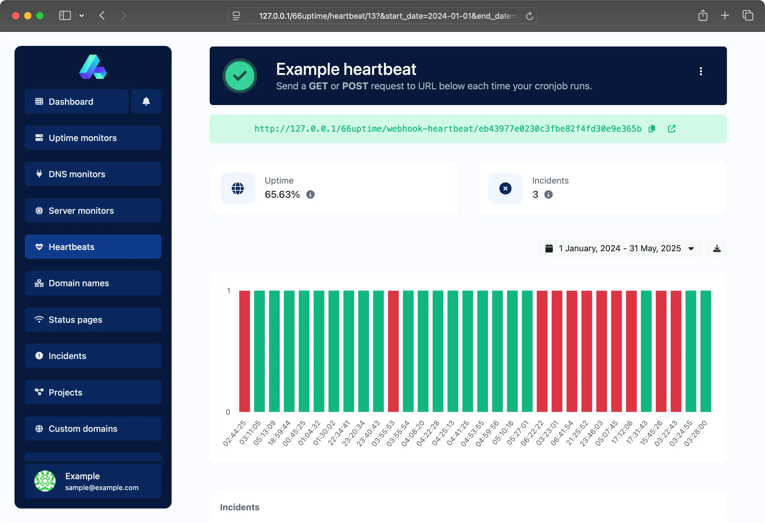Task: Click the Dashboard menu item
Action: click(x=76, y=101)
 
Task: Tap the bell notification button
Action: click(x=146, y=101)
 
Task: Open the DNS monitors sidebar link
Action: click(x=93, y=174)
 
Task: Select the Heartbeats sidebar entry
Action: click(x=93, y=247)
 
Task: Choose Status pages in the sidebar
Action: click(x=93, y=319)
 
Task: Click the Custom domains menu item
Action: click(x=93, y=428)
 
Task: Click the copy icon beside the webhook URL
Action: click(x=652, y=129)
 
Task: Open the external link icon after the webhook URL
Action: click(x=672, y=129)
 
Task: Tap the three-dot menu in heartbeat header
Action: click(x=700, y=71)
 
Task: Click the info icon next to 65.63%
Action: click(x=310, y=194)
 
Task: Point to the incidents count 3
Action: click(x=535, y=194)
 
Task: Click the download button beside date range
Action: click(x=717, y=248)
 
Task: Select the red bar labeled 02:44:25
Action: click(x=244, y=351)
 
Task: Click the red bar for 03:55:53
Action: click(x=393, y=351)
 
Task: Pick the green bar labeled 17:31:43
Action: click(x=646, y=351)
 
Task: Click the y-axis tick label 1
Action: click(x=228, y=290)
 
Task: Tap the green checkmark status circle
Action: click(x=240, y=76)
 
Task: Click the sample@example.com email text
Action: click(x=102, y=487)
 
